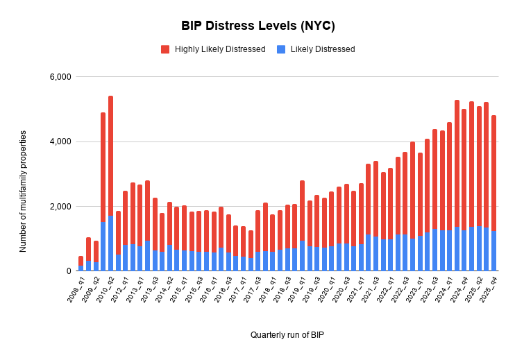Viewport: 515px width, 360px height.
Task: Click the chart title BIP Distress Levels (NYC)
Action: pos(257,26)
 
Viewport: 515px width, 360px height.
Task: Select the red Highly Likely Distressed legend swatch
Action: pos(165,49)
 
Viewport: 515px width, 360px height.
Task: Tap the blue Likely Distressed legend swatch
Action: pos(281,49)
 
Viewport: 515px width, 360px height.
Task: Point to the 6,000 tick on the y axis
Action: pos(60,77)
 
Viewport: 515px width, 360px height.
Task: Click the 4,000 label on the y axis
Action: pos(60,142)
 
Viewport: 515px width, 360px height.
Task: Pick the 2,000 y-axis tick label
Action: pos(60,207)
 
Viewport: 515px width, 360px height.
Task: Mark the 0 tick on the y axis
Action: pos(69,271)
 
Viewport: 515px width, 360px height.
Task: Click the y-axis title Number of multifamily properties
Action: pos(24,191)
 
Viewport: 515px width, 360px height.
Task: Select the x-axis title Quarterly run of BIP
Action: pos(287,335)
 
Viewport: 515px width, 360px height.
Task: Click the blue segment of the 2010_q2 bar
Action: pos(110,243)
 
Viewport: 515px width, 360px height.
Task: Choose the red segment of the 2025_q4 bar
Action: pos(493,173)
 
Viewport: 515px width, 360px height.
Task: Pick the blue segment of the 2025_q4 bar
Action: pos(493,251)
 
